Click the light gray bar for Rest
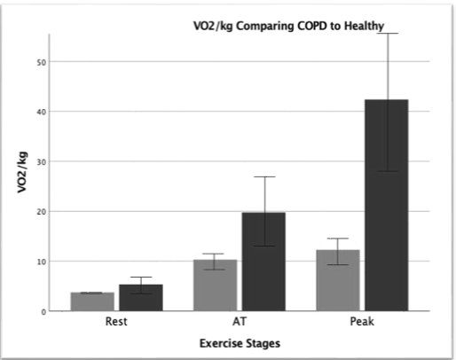92,301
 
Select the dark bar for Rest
141,298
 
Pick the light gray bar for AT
216,286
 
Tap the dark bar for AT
263,262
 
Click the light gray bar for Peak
338,280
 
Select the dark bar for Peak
387,205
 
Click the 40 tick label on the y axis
42,112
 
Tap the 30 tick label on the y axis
42,162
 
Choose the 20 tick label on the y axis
42,212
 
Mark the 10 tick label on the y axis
42,262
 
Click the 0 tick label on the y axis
43,312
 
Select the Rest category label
116,321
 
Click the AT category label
240,321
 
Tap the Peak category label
362,321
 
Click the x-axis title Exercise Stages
240,343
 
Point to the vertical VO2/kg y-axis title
22,172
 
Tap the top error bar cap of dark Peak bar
388,34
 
